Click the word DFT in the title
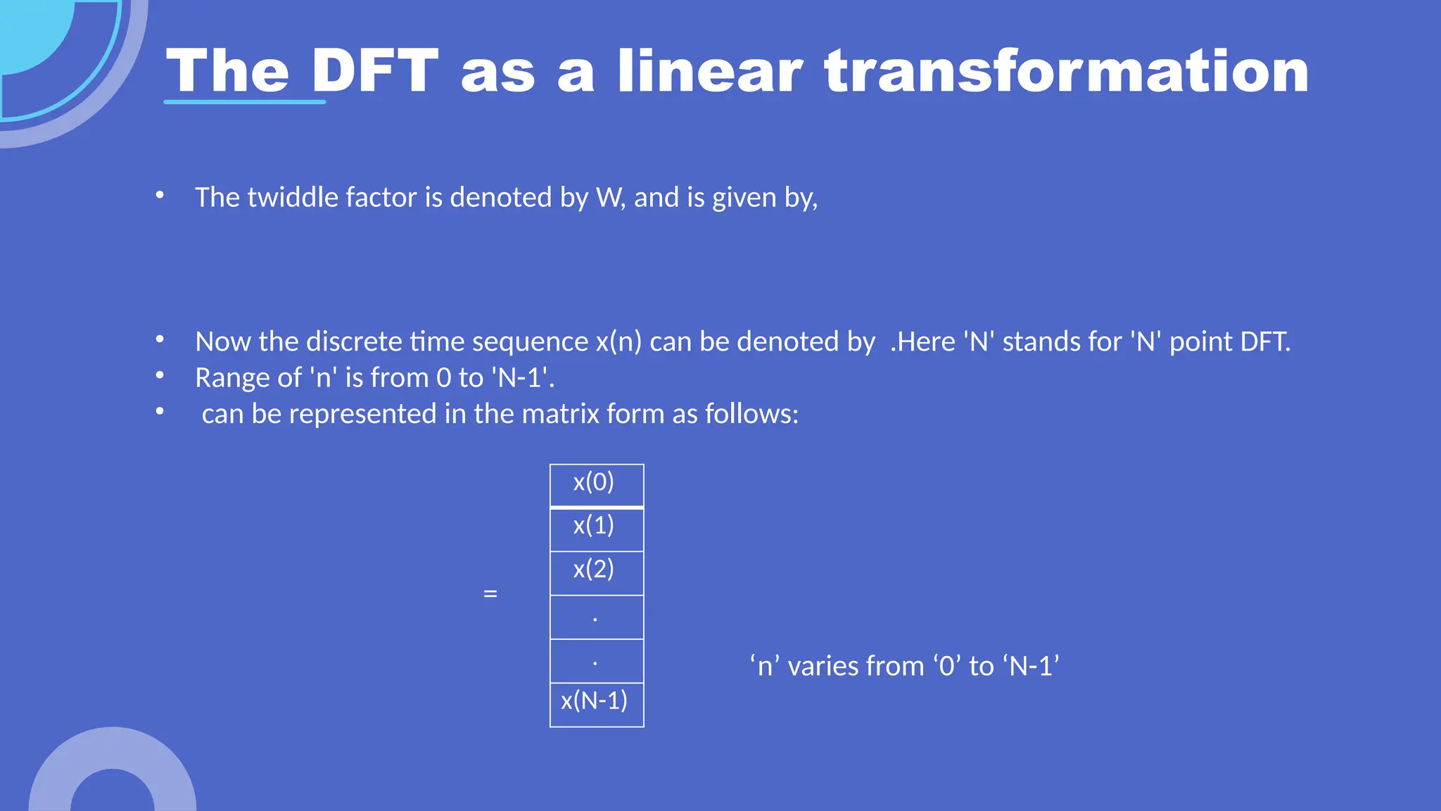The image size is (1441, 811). click(x=375, y=70)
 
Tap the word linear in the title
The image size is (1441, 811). click(x=710, y=70)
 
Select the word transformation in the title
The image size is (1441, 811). click(x=1066, y=70)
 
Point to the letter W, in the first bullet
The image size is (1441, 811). click(x=609, y=198)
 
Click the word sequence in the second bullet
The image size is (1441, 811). click(x=530, y=341)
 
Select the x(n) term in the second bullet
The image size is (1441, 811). click(x=618, y=341)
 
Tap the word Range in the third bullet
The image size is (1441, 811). click(x=232, y=378)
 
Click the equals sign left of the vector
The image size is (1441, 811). click(x=490, y=593)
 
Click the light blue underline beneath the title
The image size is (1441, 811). click(x=244, y=103)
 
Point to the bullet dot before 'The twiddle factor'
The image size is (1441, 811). click(x=160, y=195)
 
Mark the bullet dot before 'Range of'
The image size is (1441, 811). click(x=160, y=375)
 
